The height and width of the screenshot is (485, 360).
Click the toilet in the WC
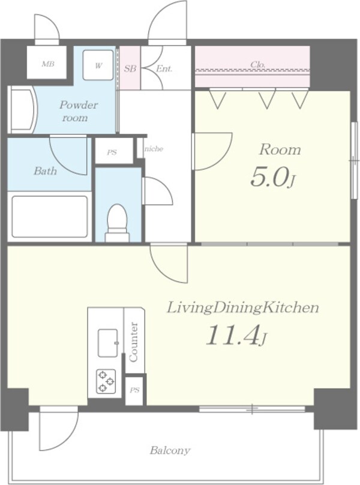pyautogui.click(x=118, y=223)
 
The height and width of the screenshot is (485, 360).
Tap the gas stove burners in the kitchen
pyautogui.click(x=106, y=381)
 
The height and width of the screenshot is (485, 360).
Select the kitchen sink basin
pyautogui.click(x=108, y=343)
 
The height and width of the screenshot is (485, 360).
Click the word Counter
pyautogui.click(x=134, y=342)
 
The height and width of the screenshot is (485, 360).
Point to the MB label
pyautogui.click(x=48, y=64)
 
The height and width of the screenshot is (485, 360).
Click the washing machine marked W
pyautogui.click(x=98, y=65)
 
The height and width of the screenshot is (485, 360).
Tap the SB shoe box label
pyautogui.click(x=130, y=68)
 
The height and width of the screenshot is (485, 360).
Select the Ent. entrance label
pyautogui.click(x=164, y=68)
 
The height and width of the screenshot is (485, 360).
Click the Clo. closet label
pyautogui.click(x=257, y=65)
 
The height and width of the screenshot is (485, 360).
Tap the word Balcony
pyautogui.click(x=170, y=450)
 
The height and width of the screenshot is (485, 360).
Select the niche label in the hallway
pyautogui.click(x=154, y=149)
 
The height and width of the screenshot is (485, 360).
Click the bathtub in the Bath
pyautogui.click(x=49, y=216)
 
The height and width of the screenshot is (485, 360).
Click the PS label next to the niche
pyautogui.click(x=112, y=152)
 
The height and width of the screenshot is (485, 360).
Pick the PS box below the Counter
pyautogui.click(x=134, y=391)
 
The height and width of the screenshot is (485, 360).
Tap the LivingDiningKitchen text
pyautogui.click(x=243, y=308)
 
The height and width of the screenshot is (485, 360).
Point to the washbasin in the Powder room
pyautogui.click(x=22, y=110)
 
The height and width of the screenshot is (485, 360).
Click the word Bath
pyautogui.click(x=45, y=170)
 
